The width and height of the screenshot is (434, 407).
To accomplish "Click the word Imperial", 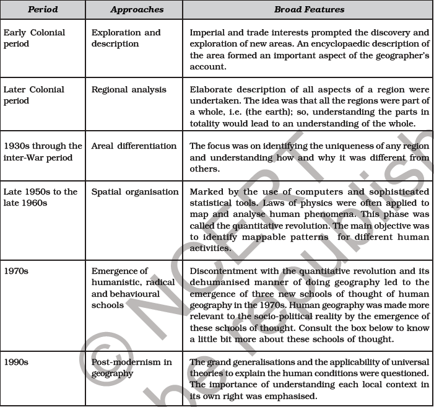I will click(208, 33).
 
